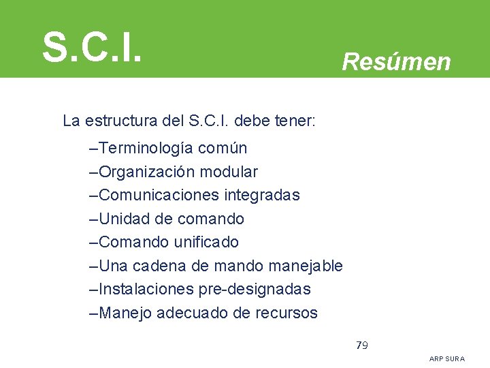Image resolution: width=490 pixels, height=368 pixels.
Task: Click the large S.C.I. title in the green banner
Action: click(92, 46)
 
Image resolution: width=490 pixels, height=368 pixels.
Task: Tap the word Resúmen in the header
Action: click(396, 62)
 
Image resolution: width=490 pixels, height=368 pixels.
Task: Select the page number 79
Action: click(362, 345)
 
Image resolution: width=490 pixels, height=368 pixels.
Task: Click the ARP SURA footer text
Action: click(447, 358)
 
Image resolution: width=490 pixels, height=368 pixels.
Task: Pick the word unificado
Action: click(206, 242)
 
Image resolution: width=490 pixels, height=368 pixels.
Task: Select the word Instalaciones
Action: click(146, 289)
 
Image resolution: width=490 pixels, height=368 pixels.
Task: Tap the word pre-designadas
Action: click(255, 289)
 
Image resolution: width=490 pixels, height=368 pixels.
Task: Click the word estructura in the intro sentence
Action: click(122, 121)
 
